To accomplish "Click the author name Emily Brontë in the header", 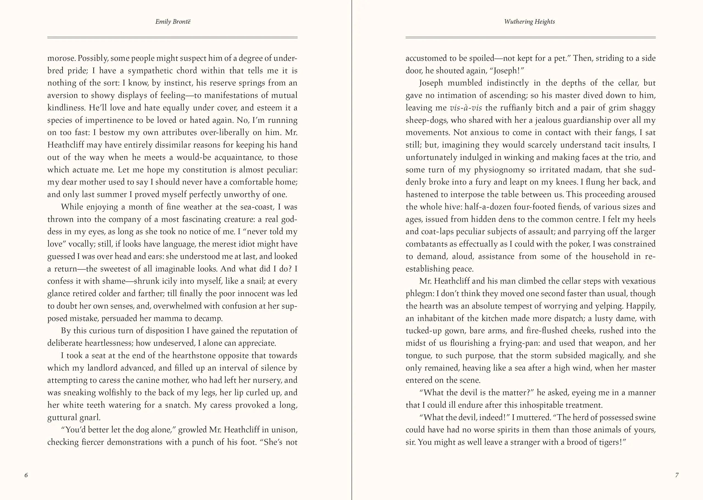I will click(x=172, y=22).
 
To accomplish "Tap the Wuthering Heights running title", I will click(x=529, y=22).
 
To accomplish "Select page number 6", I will click(x=26, y=475).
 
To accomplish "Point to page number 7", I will click(x=677, y=475).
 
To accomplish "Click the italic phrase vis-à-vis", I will click(x=466, y=108).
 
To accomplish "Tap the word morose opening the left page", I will click(x=61, y=58).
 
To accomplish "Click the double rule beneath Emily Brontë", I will click(x=172, y=38).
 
